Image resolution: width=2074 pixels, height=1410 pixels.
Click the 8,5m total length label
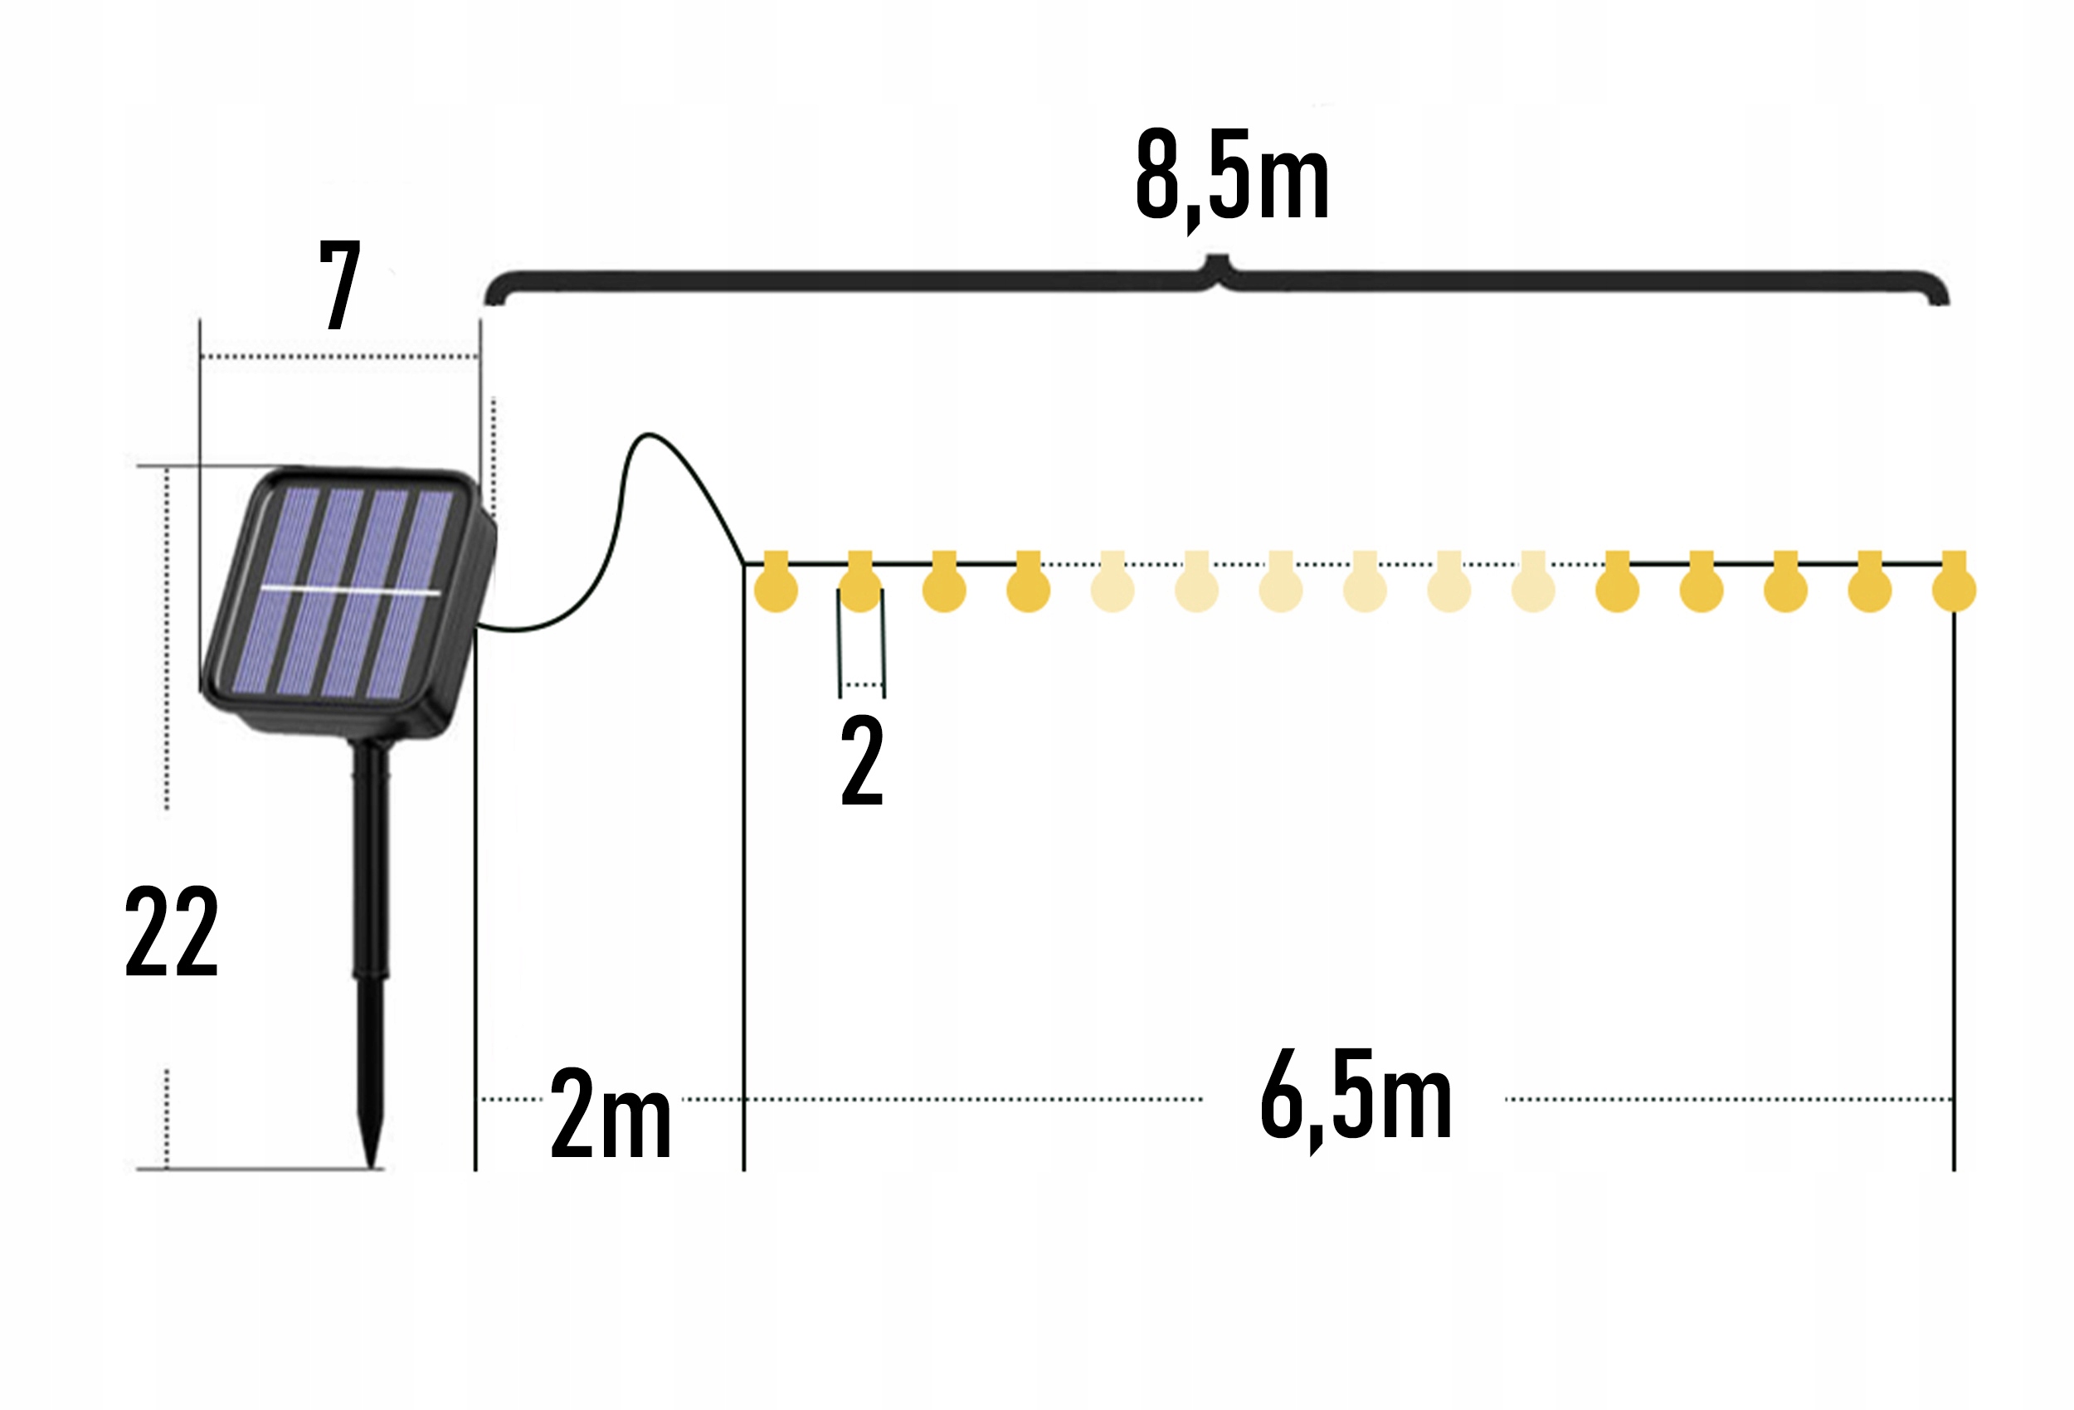1232,176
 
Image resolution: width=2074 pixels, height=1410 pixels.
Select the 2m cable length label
611,1113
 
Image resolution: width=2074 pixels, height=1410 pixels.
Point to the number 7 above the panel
340,284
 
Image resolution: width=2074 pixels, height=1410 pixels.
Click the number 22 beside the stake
172,931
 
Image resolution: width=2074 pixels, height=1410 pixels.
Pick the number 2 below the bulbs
861,761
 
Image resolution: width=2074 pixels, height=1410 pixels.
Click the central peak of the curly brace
1216,261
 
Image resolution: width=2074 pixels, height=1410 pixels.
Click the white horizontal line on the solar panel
350,591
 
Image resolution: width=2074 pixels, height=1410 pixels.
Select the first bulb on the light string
776,589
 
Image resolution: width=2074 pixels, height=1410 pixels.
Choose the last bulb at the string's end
1954,589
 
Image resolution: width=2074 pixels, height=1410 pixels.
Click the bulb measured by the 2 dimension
860,589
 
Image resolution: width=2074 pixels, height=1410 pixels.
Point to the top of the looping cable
648,435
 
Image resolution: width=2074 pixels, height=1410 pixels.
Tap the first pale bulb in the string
1112,589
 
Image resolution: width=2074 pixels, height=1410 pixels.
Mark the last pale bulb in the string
1532,589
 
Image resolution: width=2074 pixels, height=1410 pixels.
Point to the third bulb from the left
944,589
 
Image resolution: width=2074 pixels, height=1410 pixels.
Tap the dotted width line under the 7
339,357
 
